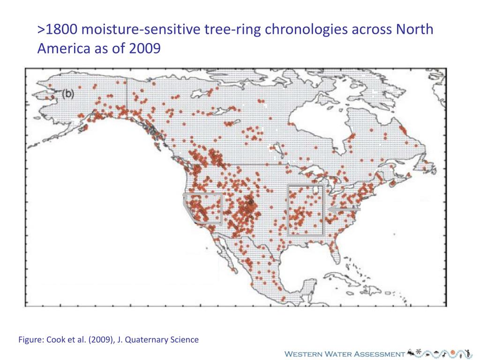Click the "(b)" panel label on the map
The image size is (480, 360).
68,94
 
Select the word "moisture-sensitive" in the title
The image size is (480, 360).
139,30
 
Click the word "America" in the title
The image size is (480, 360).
63,48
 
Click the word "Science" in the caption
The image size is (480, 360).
184,339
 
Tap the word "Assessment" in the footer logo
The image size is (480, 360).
379,354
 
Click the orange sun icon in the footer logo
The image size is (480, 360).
453,352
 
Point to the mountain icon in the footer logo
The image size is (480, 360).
411,352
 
